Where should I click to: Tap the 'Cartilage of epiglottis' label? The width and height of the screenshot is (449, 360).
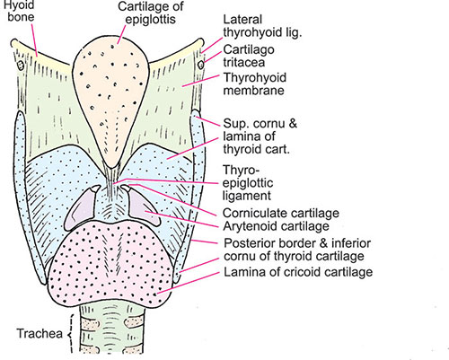[x=150, y=13]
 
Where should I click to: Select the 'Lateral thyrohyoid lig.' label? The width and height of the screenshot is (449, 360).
[x=262, y=26]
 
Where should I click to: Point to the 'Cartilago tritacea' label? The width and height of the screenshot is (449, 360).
[x=249, y=56]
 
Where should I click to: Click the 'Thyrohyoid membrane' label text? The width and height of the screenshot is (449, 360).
[x=255, y=83]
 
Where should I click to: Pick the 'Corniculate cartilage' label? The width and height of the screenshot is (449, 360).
[x=281, y=213]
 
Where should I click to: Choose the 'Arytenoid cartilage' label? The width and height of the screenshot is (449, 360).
[x=276, y=226]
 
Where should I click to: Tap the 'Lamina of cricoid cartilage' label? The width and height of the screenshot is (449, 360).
[x=298, y=272]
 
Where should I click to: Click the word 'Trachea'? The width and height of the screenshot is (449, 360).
[x=40, y=333]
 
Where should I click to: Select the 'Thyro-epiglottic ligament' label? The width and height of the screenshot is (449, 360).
[x=248, y=183]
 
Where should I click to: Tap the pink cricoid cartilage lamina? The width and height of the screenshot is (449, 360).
[x=111, y=263]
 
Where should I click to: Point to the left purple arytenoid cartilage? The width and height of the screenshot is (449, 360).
[x=80, y=209]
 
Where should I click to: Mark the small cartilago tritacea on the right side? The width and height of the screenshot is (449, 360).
[x=201, y=65]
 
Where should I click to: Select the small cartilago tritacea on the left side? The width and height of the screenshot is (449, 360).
[x=21, y=65]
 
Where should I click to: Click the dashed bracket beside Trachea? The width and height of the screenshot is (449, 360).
[x=71, y=334]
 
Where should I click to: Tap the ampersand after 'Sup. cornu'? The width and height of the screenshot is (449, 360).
[x=292, y=123]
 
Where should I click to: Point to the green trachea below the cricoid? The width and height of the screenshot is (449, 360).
[x=111, y=329]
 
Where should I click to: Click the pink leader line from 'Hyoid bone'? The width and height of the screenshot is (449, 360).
[x=34, y=40]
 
